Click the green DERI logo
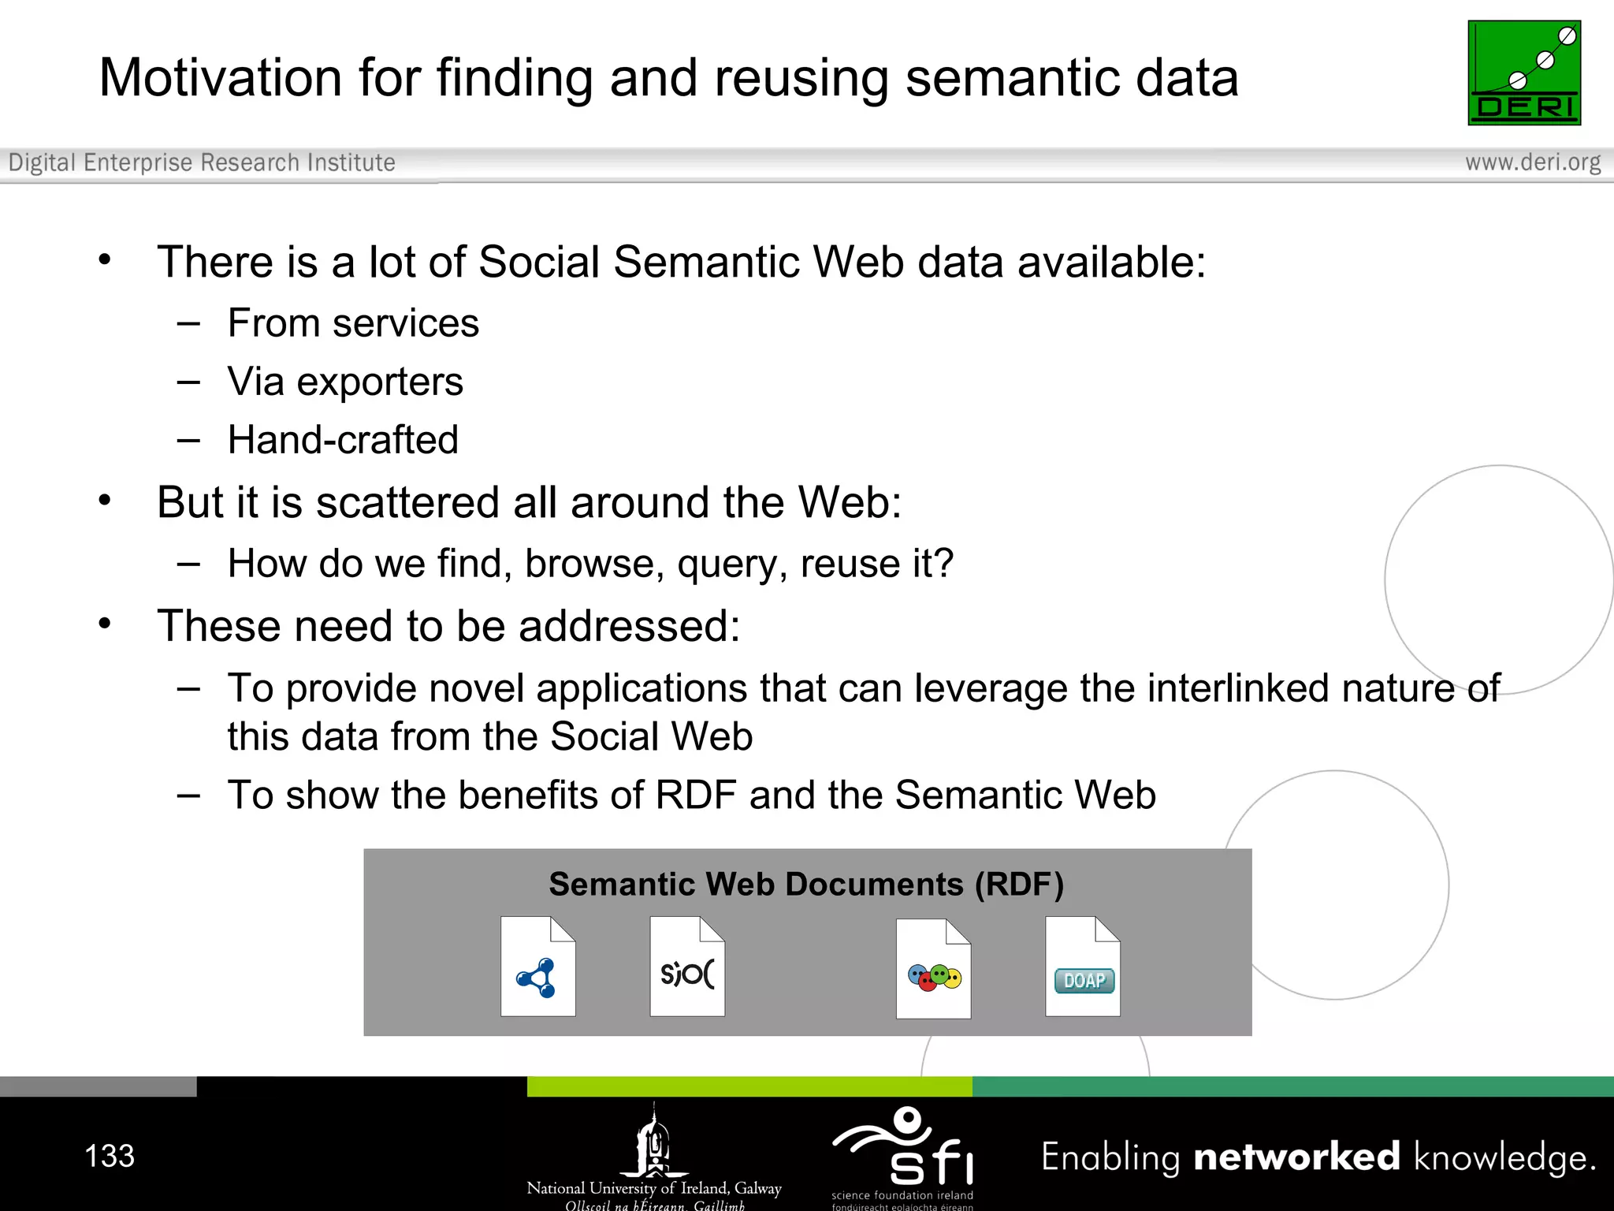click(x=1523, y=73)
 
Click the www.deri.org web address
click(x=1532, y=162)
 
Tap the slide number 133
click(x=110, y=1156)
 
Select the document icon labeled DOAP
click(x=1083, y=967)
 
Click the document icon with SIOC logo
click(x=687, y=967)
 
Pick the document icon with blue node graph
click(x=538, y=967)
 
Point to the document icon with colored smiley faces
click(x=934, y=969)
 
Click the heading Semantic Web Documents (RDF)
click(x=806, y=884)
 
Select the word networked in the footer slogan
click(x=1296, y=1157)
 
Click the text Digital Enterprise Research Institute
click(x=202, y=162)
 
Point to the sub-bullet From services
click(x=353, y=322)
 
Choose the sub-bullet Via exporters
click(x=345, y=382)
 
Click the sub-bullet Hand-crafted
click(x=343, y=439)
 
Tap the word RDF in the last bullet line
click(x=695, y=794)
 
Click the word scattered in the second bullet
click(x=430, y=502)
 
